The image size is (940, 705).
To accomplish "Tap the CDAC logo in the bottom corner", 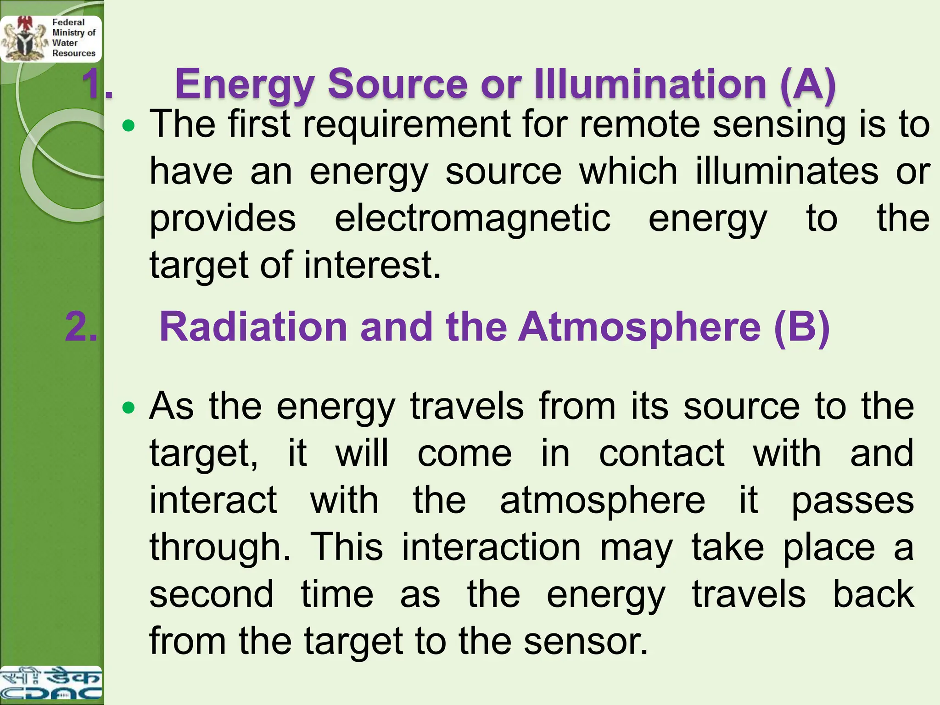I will tap(50, 684).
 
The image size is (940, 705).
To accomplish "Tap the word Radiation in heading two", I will tap(253, 327).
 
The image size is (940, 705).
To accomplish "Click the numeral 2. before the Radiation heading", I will tap(82, 327).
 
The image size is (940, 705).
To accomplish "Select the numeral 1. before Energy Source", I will tap(97, 84).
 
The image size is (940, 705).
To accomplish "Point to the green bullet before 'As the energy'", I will tap(129, 407).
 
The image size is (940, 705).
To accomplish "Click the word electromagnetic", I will tap(472, 218).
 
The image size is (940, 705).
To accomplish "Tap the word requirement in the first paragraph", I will tap(407, 125).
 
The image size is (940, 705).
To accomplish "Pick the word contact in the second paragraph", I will tap(662, 453).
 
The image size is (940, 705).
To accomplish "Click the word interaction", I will tap(491, 547).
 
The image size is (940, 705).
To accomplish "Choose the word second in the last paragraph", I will tap(212, 594).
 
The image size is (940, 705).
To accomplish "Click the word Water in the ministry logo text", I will tap(65, 43).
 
